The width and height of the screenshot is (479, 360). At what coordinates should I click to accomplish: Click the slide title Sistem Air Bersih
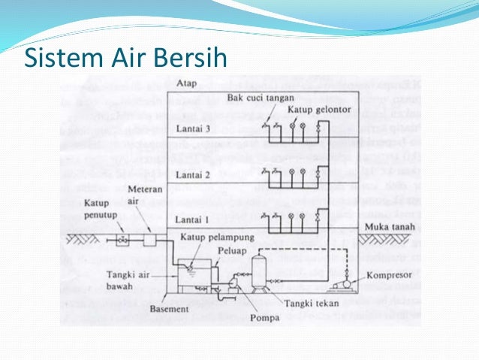coord(126,58)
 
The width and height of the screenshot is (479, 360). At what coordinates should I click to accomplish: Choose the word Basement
coord(169,306)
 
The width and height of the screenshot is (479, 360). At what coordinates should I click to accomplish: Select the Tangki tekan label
coord(311,303)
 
